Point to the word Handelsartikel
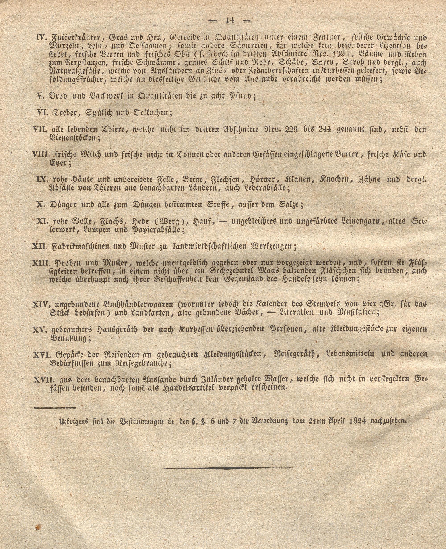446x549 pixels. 188,388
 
